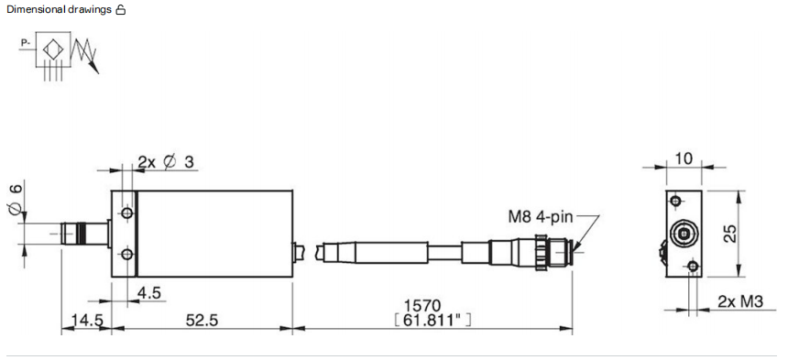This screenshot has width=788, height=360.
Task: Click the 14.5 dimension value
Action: coord(86,320)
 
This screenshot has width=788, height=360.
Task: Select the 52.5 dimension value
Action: coord(202,320)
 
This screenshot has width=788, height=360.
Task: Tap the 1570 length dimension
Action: coord(422,305)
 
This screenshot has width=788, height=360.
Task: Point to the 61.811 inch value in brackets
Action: coord(432,320)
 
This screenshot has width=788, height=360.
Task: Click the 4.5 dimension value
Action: coord(148,293)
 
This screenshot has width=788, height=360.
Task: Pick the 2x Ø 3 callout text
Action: coord(166,161)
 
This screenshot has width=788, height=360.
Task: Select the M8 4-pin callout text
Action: coord(541,217)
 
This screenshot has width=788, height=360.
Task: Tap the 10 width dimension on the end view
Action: coord(684,158)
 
